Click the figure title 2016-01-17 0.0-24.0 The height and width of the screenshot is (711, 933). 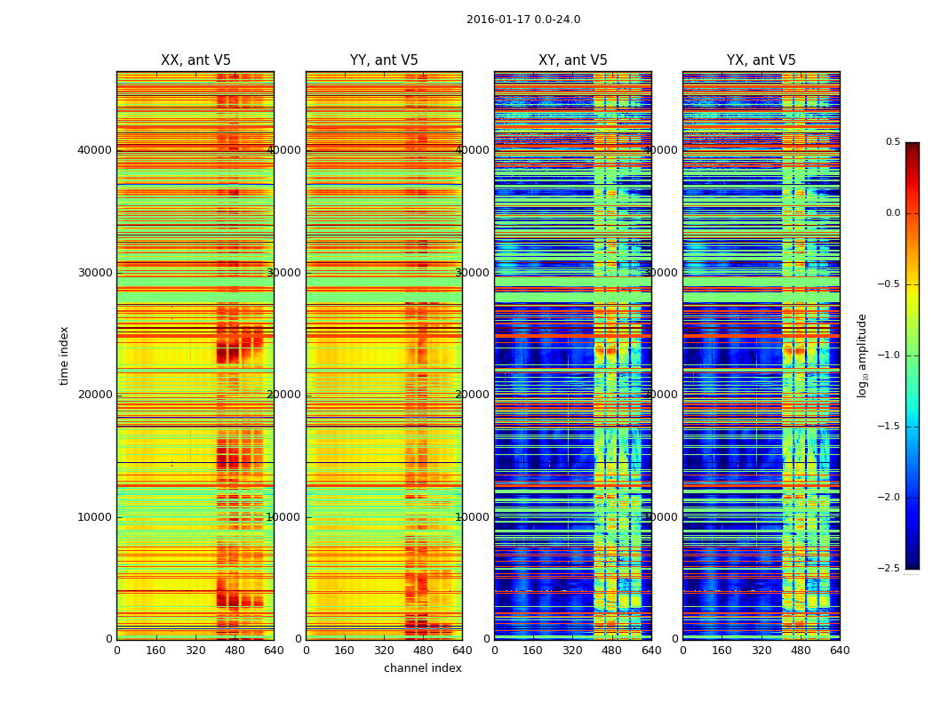tap(523, 20)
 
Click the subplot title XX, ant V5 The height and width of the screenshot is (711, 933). tap(195, 60)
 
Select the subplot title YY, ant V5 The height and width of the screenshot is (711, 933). tap(384, 60)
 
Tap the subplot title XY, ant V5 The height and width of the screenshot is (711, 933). tap(573, 60)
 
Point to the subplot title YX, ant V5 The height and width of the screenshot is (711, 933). tap(762, 60)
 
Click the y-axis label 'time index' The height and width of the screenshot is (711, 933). tap(64, 355)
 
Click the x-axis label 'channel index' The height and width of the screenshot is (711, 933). tap(423, 668)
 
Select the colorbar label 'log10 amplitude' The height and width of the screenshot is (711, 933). tap(862, 355)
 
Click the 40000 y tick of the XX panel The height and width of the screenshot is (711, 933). tap(94, 149)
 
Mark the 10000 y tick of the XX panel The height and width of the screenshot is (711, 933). tap(94, 517)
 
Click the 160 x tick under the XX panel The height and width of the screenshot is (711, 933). tap(155, 650)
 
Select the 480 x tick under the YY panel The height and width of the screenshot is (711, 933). tap(423, 650)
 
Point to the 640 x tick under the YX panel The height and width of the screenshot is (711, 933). tap(840, 650)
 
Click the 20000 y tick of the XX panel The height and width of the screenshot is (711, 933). tap(94, 395)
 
